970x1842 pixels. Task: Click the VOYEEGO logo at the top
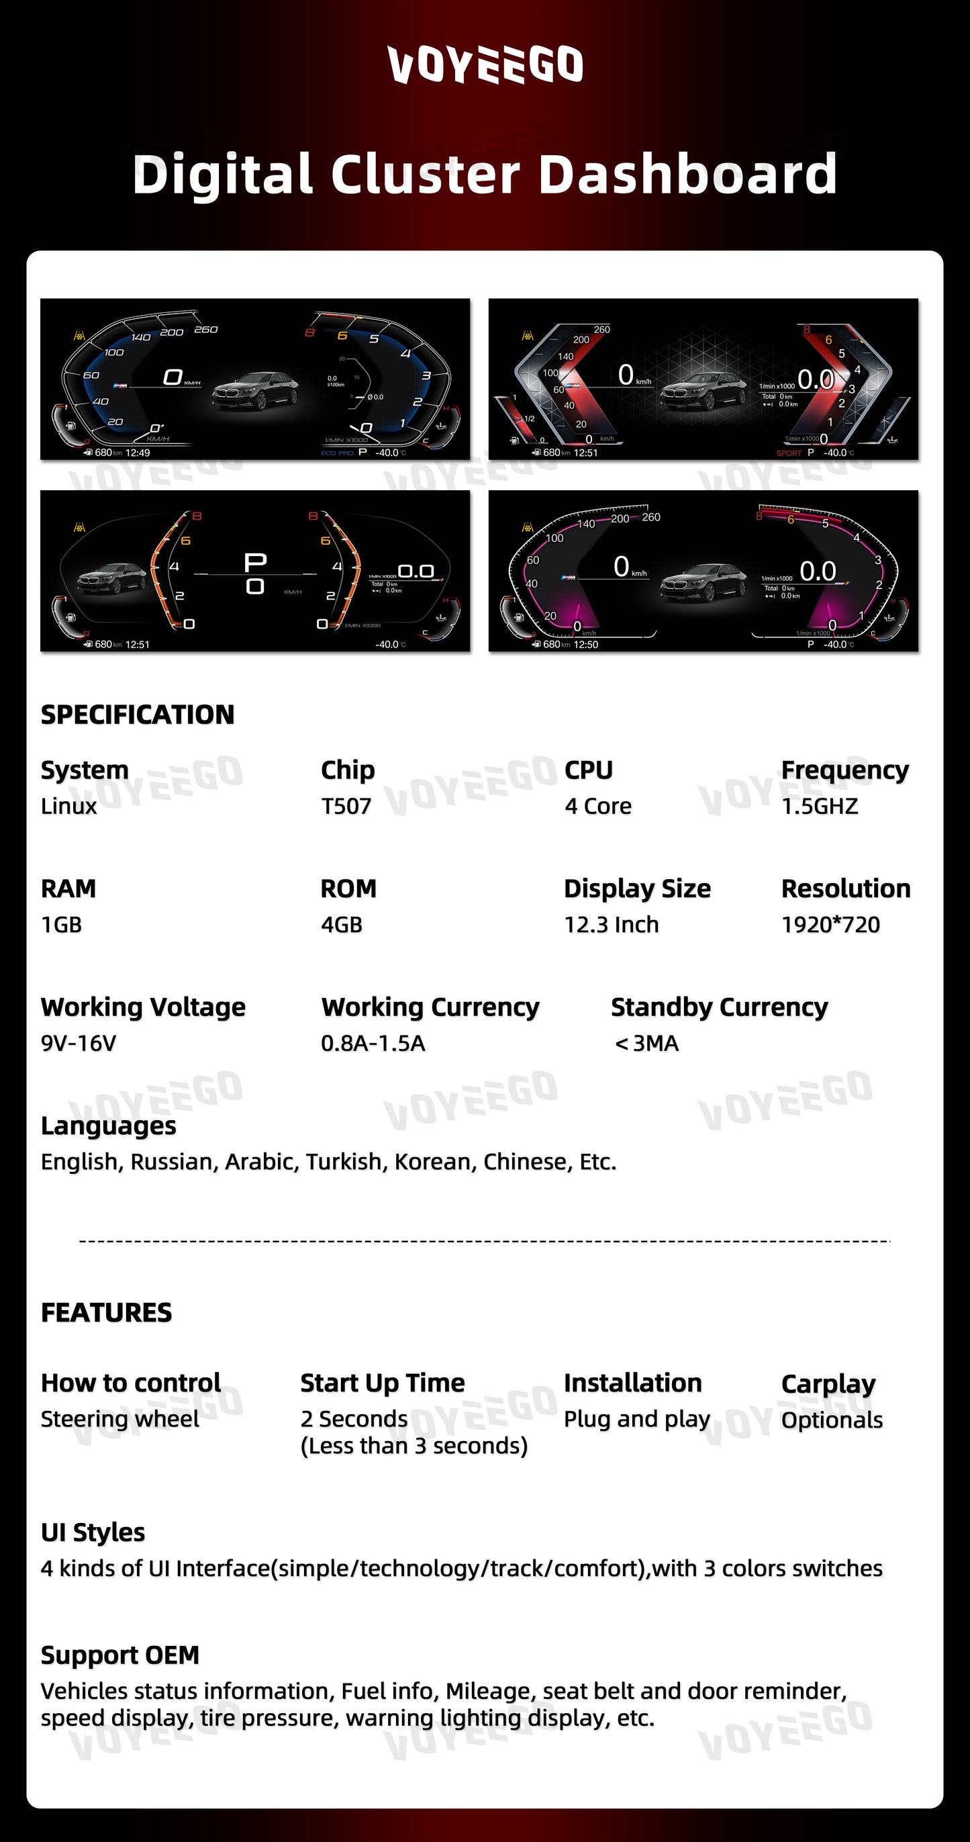485,64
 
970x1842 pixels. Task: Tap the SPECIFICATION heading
137,715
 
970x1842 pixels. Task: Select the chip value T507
346,806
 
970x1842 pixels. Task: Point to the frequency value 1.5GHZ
819,806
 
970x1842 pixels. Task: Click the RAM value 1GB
62,925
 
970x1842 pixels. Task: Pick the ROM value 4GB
342,925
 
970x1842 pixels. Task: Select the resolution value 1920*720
830,925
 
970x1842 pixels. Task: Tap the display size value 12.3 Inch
611,925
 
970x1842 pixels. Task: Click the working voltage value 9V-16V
78,1044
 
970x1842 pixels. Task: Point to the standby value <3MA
646,1044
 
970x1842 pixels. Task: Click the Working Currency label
430,1007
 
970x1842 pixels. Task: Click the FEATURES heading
107,1312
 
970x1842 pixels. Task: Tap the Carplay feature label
828,1383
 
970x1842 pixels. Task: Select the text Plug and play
637,1419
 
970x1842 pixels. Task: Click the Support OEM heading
120,1655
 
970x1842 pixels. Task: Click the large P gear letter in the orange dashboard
255,563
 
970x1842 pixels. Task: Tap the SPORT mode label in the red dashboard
789,453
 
